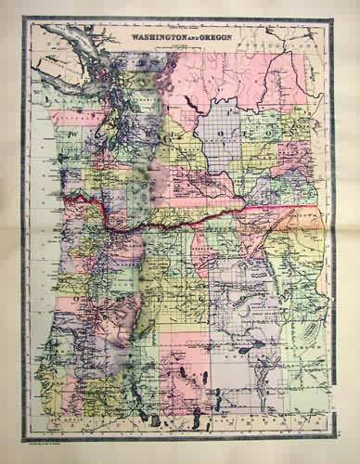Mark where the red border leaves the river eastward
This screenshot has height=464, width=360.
click(x=244, y=210)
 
